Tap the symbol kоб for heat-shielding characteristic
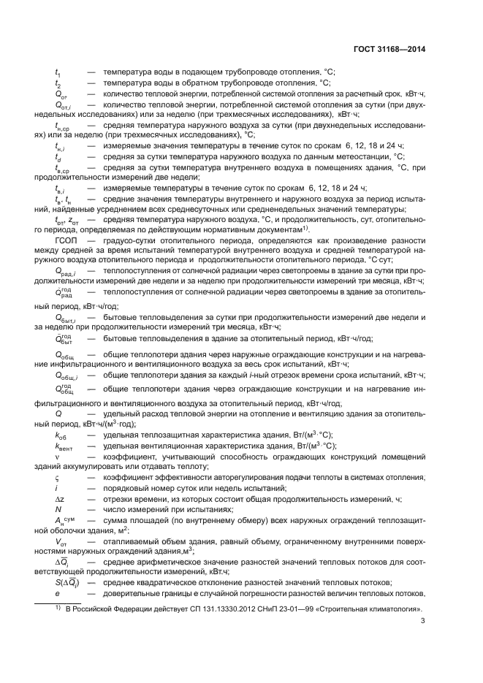[61, 434]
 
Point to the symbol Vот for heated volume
[61, 541]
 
